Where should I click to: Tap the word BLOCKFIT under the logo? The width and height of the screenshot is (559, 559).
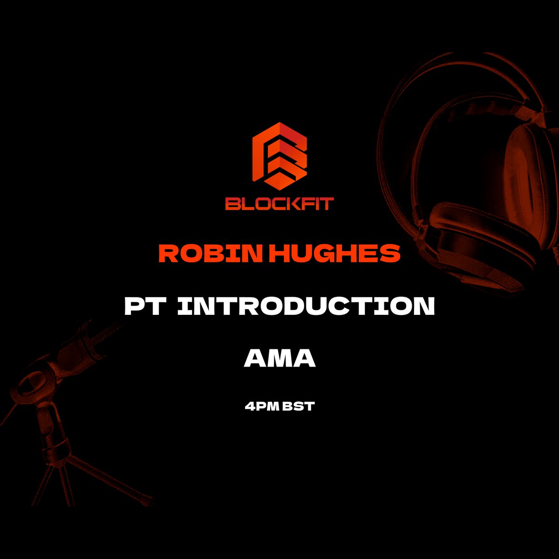point(279,204)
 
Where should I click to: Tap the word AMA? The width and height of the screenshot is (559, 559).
point(279,359)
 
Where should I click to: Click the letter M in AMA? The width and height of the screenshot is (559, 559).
point(279,359)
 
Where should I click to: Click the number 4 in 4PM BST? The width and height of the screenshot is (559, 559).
point(249,407)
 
